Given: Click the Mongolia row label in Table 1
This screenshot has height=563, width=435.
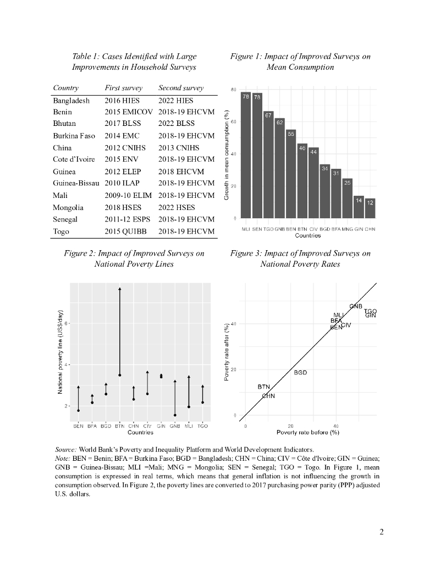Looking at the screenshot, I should click(x=68, y=207).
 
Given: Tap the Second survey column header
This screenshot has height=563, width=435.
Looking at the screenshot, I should click(x=181, y=88).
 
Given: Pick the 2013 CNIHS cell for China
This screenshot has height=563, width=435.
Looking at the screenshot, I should click(x=179, y=148).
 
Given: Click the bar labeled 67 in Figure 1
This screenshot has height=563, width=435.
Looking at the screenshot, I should click(x=269, y=165).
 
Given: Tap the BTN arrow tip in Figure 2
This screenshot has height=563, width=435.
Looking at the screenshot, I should click(x=120, y=288).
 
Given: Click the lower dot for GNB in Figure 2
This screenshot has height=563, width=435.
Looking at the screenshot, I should click(x=175, y=415).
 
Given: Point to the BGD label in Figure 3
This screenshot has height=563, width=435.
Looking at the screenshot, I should click(x=300, y=372).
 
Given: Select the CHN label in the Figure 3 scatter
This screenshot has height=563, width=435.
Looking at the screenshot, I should click(x=268, y=396).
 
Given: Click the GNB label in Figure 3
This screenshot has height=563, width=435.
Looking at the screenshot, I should click(x=356, y=306).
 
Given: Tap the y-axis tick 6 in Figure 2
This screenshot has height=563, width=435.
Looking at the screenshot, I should click(x=65, y=323).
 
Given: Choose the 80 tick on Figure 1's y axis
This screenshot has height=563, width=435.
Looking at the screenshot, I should click(x=234, y=89).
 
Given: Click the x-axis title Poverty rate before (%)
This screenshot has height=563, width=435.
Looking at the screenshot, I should click(x=308, y=432).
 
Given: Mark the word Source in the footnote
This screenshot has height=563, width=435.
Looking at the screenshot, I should click(x=67, y=449).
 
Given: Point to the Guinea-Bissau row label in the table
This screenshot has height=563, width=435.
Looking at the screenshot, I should click(x=76, y=183).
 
